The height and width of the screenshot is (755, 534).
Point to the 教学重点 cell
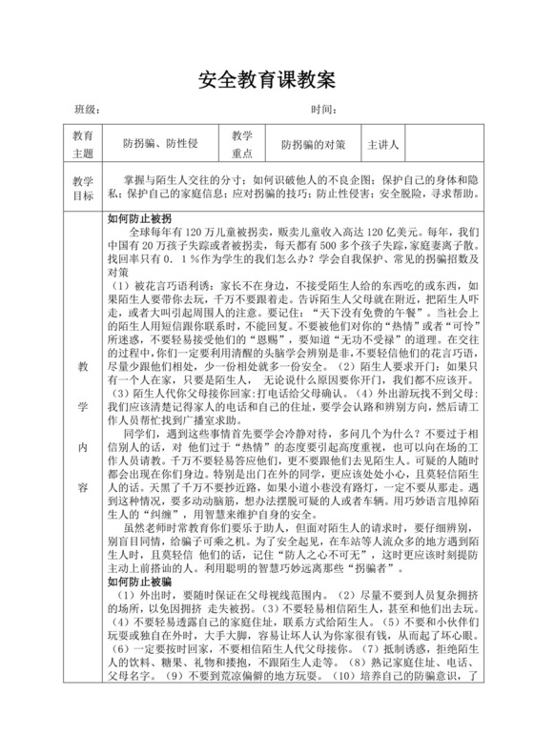tap(241, 145)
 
